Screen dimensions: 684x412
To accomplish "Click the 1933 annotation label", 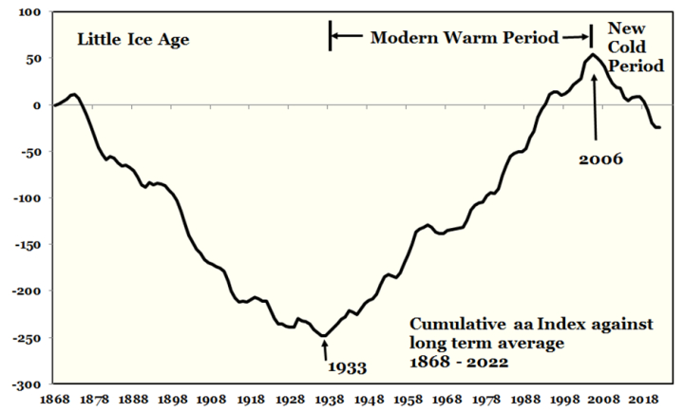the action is pyautogui.click(x=348, y=367).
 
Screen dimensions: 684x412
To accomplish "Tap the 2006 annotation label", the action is pyautogui.click(x=600, y=159).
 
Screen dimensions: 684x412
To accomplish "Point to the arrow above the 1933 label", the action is pyautogui.click(x=325, y=349).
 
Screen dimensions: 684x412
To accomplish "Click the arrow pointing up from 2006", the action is pyautogui.click(x=594, y=107).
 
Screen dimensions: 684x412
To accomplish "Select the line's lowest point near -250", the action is pyautogui.click(x=324, y=336).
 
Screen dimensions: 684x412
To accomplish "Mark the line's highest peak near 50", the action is pyautogui.click(x=593, y=55).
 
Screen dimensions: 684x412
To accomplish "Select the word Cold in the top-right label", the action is pyautogui.click(x=626, y=47).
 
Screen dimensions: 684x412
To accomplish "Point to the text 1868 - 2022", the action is pyautogui.click(x=459, y=362).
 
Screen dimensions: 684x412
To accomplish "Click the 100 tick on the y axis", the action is pyautogui.click(x=29, y=12).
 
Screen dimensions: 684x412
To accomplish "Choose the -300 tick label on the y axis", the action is pyautogui.click(x=27, y=384).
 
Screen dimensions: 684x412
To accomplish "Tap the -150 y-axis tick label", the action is pyautogui.click(x=27, y=245).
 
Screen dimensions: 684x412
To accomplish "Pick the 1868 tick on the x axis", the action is pyautogui.click(x=54, y=400).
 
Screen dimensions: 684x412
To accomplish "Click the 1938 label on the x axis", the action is pyautogui.click(x=330, y=400).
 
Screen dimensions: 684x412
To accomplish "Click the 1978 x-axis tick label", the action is pyautogui.click(x=486, y=400).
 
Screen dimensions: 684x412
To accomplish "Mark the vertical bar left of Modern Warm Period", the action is pyautogui.click(x=331, y=35).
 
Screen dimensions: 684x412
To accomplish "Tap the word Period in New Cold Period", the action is pyautogui.click(x=636, y=66).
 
